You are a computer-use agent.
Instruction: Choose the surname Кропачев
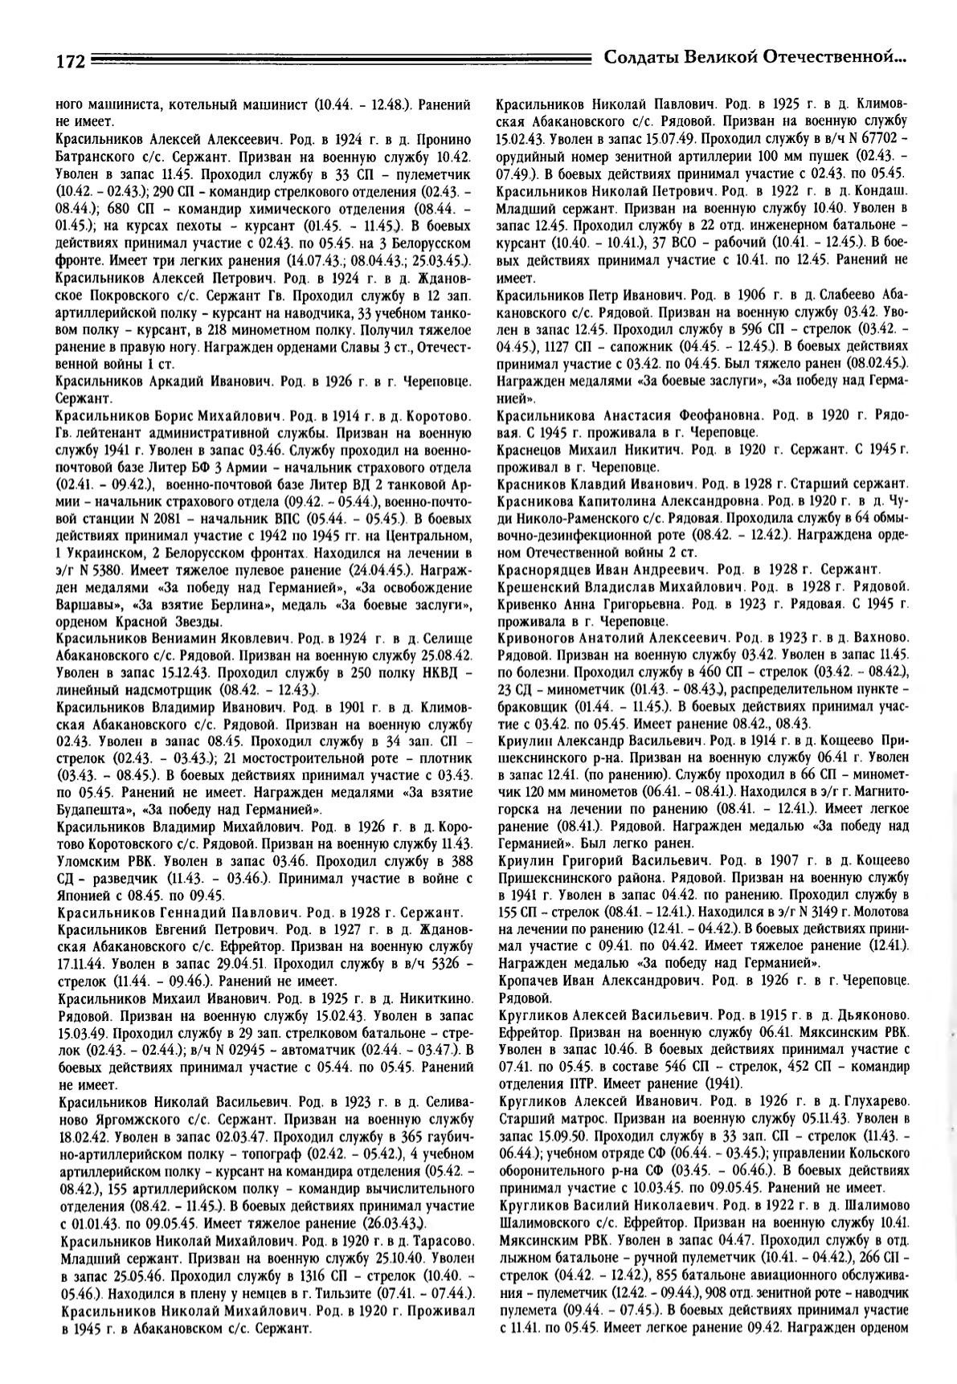point(530,982)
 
